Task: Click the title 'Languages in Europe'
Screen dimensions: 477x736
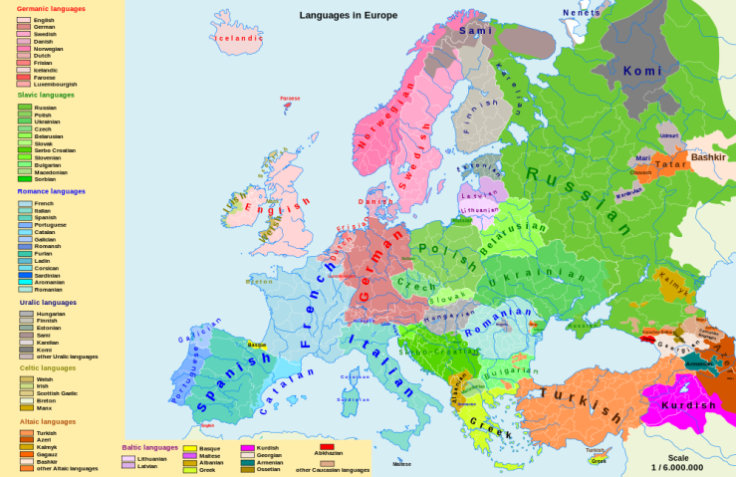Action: [349, 15]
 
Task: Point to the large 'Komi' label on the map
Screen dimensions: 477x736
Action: [641, 71]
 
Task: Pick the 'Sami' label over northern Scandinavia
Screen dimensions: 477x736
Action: [475, 31]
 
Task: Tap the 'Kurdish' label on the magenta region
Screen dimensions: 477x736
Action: [688, 405]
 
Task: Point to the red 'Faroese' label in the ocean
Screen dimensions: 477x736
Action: [289, 99]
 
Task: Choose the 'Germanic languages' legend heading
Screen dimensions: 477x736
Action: [51, 8]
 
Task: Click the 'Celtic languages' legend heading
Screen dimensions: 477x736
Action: [46, 367]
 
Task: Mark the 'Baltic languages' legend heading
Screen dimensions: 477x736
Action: [149, 447]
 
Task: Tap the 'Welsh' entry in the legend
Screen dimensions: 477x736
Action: [44, 379]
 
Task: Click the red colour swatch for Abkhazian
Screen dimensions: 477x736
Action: [326, 447]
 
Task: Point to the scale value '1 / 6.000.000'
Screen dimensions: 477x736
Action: [677, 467]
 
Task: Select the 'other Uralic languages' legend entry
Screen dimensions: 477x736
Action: [66, 356]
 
